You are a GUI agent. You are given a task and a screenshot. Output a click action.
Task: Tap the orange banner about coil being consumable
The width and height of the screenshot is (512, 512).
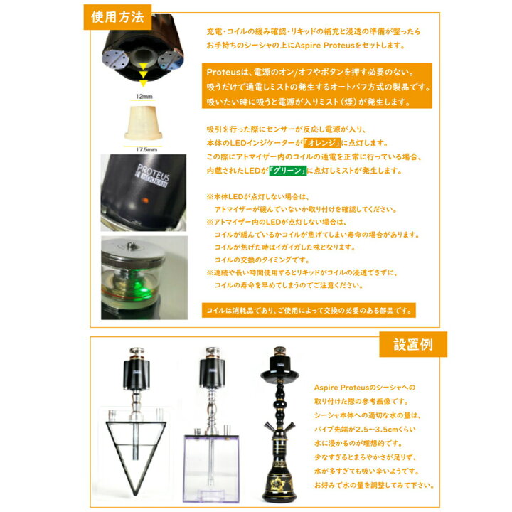click(x=309, y=311)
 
